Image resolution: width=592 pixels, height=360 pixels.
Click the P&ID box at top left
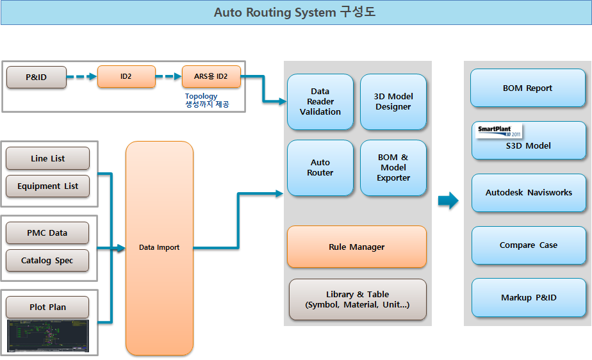(37, 77)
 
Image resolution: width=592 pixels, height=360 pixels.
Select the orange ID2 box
(126, 77)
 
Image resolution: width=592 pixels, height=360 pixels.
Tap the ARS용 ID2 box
(211, 77)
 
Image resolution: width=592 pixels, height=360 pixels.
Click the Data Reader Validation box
(320, 102)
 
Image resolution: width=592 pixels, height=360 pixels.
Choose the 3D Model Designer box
(393, 102)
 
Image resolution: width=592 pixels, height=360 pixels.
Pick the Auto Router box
(320, 168)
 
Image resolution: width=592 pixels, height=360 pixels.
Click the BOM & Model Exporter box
(393, 168)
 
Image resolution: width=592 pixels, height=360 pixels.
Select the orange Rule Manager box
(357, 247)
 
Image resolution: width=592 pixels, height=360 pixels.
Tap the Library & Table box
(358, 300)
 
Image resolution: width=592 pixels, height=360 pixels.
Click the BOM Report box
(528, 88)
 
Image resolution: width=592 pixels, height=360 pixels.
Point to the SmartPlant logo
(498, 131)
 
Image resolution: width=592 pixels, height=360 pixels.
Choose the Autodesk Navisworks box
(529, 192)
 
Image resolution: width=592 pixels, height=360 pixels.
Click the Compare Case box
(529, 245)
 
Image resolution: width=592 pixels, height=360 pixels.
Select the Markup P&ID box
(529, 297)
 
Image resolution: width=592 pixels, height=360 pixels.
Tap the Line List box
(47, 158)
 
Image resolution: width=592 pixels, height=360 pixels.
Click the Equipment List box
(47, 186)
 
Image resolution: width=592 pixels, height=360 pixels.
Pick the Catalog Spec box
(47, 260)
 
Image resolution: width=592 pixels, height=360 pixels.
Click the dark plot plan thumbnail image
(48, 336)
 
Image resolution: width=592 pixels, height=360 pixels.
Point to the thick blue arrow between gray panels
(448, 200)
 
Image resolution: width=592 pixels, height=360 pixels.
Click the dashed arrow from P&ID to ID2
(81, 77)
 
